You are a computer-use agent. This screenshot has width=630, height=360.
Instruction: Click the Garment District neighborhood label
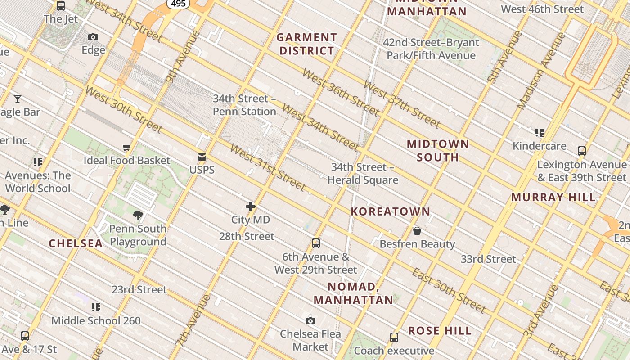click(x=306, y=44)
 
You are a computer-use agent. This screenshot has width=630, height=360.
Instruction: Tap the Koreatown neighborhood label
click(x=390, y=211)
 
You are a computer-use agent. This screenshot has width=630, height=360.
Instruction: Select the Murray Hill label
click(x=553, y=197)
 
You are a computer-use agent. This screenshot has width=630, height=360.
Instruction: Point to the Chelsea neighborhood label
click(x=76, y=243)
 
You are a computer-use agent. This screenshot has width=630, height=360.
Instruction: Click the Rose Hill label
click(x=440, y=331)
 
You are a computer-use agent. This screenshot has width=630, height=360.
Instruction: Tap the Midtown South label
click(x=438, y=150)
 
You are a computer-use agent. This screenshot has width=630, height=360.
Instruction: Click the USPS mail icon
click(x=202, y=157)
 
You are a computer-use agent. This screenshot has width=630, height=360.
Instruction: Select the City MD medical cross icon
click(x=251, y=207)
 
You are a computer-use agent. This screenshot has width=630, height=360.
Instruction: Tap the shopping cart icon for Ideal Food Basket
click(x=127, y=148)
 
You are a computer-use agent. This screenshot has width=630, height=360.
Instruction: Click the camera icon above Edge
click(x=93, y=37)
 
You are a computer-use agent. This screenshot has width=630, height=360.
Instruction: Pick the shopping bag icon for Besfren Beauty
click(x=417, y=231)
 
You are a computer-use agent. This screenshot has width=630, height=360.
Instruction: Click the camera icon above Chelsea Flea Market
click(x=310, y=321)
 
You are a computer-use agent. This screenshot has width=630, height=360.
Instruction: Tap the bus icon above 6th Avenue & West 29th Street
click(x=316, y=243)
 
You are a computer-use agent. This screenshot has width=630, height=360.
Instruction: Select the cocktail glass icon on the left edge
click(x=18, y=99)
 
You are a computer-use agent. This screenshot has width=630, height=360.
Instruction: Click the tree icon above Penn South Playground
click(x=138, y=216)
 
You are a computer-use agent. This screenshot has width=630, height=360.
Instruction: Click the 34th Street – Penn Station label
click(x=244, y=105)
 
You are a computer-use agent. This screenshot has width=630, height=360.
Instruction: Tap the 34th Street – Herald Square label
click(x=363, y=174)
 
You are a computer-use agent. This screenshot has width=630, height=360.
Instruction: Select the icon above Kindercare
click(x=540, y=133)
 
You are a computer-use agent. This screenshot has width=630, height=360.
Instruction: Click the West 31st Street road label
click(x=268, y=167)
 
